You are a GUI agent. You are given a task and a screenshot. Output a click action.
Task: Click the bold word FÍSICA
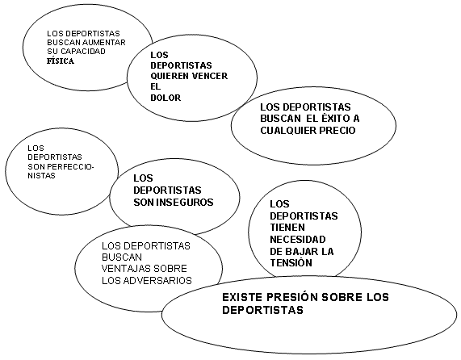pos(61,61)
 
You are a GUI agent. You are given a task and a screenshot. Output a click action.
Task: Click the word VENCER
pos(210,76)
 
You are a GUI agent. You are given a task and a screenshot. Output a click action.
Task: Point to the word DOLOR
pos(166,98)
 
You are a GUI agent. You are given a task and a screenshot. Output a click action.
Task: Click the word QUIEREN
pos(170,76)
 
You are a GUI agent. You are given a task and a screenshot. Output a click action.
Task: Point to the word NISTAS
pos(41,176)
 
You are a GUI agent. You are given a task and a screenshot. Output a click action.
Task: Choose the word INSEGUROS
pos(185,202)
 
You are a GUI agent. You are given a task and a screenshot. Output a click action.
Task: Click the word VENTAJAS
pos(123,269)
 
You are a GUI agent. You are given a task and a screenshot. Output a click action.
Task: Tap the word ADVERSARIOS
pos(157,280)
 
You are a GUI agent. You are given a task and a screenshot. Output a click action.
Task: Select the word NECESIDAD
pos(298,239)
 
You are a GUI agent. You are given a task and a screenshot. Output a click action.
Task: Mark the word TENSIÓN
pos(291,262)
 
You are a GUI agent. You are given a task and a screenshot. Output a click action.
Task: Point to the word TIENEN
pos(283,227)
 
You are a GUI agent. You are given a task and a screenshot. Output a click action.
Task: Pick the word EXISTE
pos(242,297)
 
